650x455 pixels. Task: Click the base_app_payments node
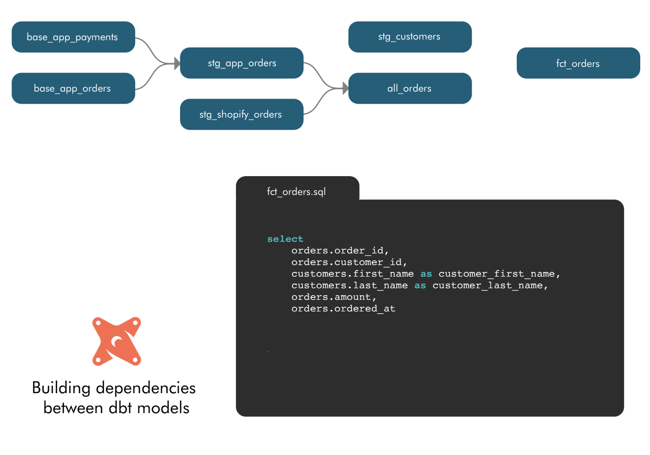[x=73, y=37]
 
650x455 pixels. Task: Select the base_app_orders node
[x=73, y=88]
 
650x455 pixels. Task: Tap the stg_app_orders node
[x=242, y=63]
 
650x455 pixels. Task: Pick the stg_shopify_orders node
[x=242, y=114]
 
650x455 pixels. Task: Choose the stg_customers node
[x=410, y=37]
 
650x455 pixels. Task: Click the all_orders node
[x=410, y=88]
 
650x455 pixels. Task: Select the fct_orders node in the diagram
[x=578, y=63]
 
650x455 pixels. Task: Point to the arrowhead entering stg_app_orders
[x=177, y=63]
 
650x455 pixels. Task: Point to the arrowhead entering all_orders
[x=345, y=88]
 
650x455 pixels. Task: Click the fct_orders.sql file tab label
[x=296, y=192]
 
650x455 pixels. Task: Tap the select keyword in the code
[x=285, y=239]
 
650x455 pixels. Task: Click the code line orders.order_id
[x=340, y=251]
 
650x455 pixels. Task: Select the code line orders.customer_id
[x=349, y=262]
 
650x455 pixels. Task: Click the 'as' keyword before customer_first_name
[x=426, y=274]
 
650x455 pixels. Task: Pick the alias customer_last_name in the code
[x=487, y=286]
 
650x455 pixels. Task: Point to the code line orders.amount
[x=334, y=297]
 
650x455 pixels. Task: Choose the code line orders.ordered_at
[x=343, y=309]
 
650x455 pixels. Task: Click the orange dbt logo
[x=117, y=342]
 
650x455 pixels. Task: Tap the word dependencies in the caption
[x=146, y=389]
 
